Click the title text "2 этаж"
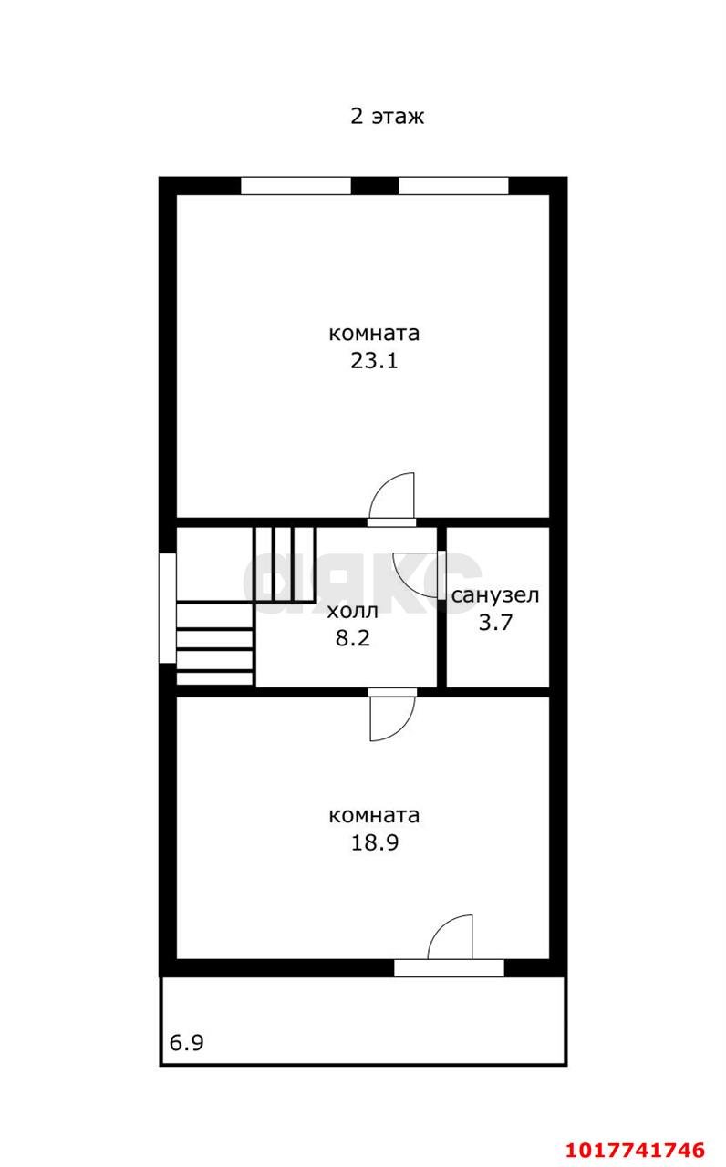click(x=388, y=116)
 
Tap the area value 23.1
click(x=374, y=360)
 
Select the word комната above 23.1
click(x=374, y=334)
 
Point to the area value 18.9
click(x=375, y=842)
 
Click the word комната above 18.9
click(x=374, y=815)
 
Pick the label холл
click(x=352, y=611)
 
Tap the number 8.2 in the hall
click(x=353, y=638)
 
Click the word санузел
click(x=495, y=595)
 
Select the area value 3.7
click(x=495, y=623)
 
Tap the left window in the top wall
click(x=296, y=186)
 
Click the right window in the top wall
click(x=453, y=186)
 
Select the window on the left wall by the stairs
click(x=167, y=608)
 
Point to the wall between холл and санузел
click(x=441, y=607)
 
